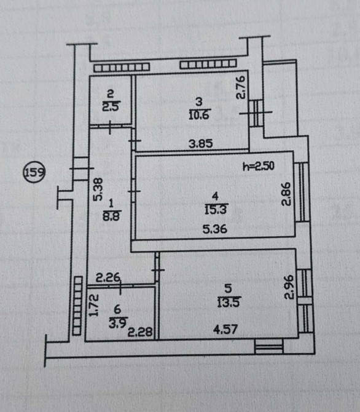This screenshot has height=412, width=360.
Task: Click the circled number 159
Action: [x=34, y=173]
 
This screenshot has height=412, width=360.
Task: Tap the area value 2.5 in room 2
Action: [x=111, y=107]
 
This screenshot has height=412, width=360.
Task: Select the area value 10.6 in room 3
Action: [x=199, y=115]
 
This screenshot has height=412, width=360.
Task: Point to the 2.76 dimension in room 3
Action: [x=240, y=87]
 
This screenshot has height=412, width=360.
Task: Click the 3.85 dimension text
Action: [x=201, y=144]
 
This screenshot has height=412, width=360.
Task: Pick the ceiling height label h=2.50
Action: [x=259, y=166]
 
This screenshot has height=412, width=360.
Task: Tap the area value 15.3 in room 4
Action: [x=215, y=210]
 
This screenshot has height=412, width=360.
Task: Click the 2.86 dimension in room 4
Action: [x=286, y=194]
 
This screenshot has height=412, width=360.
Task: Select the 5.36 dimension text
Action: [x=215, y=229]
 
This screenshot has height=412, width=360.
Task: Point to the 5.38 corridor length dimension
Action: [x=98, y=189]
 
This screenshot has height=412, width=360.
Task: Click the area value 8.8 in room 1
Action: [x=111, y=216]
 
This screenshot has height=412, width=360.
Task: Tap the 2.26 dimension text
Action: [x=108, y=277]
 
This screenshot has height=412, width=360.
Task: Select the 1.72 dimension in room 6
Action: [x=93, y=305]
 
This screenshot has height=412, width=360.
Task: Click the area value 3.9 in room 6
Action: [x=119, y=323]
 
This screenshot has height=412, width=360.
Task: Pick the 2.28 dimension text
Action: [x=140, y=333]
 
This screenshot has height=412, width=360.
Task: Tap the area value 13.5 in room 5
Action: [x=229, y=302]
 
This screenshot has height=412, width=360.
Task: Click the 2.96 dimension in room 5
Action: [x=289, y=287]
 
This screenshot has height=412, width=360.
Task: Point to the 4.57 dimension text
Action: [x=225, y=330]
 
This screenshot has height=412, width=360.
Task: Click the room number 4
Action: [x=215, y=196]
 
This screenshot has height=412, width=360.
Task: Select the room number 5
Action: [x=228, y=289]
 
